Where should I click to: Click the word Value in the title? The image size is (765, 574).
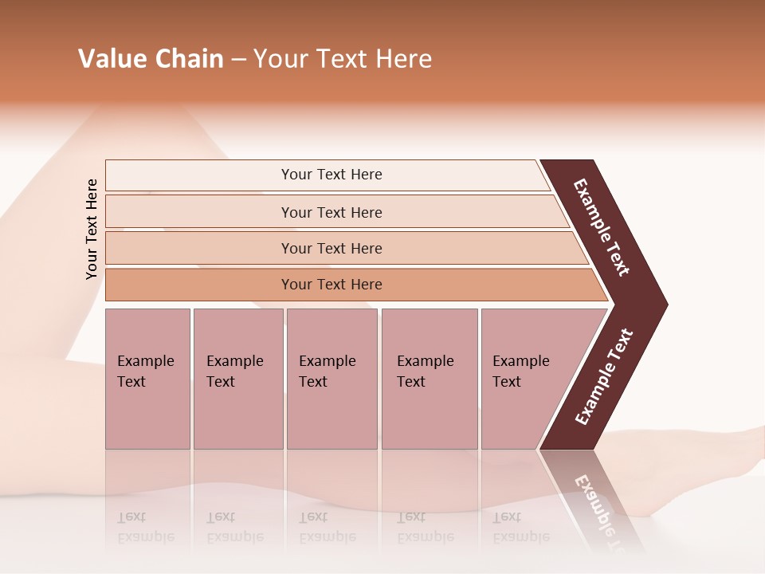click(111, 59)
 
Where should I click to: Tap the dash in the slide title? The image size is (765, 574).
click(238, 60)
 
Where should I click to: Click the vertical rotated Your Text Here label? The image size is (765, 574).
click(92, 229)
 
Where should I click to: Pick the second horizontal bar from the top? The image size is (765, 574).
click(331, 212)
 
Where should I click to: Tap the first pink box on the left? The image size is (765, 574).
click(147, 378)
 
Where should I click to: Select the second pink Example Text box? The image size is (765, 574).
click(237, 378)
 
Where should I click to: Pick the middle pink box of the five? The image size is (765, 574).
click(331, 378)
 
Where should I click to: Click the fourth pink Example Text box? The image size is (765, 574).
click(430, 378)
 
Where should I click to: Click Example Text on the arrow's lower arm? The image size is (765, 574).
click(603, 377)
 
